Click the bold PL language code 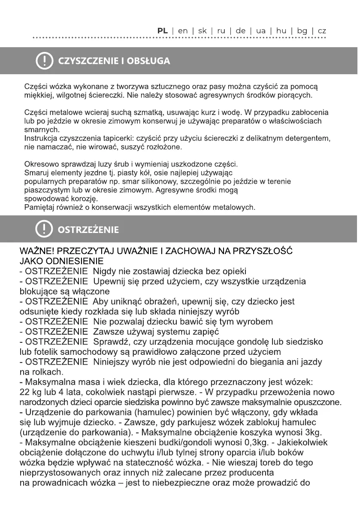pyautogui.click(x=162, y=31)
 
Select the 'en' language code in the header pyautogui.click(x=183, y=31)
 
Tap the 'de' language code pyautogui.click(x=241, y=31)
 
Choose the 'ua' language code pyautogui.click(x=261, y=31)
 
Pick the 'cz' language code pyautogui.click(x=322, y=31)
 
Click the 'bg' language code pyautogui.click(x=302, y=31)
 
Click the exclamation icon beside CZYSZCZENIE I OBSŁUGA pyautogui.click(x=43, y=61)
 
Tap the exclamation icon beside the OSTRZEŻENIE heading pyautogui.click(x=43, y=229)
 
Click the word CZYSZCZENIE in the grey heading pyautogui.click(x=88, y=61)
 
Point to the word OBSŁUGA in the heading pyautogui.click(x=148, y=61)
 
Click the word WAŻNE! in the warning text pyautogui.click(x=36, y=251)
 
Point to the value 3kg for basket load pyautogui.click(x=313, y=432)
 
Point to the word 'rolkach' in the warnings pyautogui.click(x=49, y=372)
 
